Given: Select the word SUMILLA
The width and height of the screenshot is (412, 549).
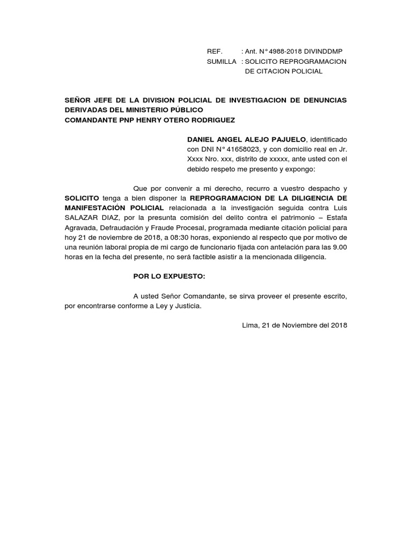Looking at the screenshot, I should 221,62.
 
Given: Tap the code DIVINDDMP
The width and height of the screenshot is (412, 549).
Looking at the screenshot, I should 323,51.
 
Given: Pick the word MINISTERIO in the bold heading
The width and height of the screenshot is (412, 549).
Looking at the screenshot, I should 142,110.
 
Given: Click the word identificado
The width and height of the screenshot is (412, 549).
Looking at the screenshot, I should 328,140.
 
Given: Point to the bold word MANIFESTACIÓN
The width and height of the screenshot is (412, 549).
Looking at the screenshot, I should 95,207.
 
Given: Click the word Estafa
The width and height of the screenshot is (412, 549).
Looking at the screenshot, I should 336,217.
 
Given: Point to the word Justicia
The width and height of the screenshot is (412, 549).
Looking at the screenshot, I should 183,306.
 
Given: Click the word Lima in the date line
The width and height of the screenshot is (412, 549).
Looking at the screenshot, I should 251,325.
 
